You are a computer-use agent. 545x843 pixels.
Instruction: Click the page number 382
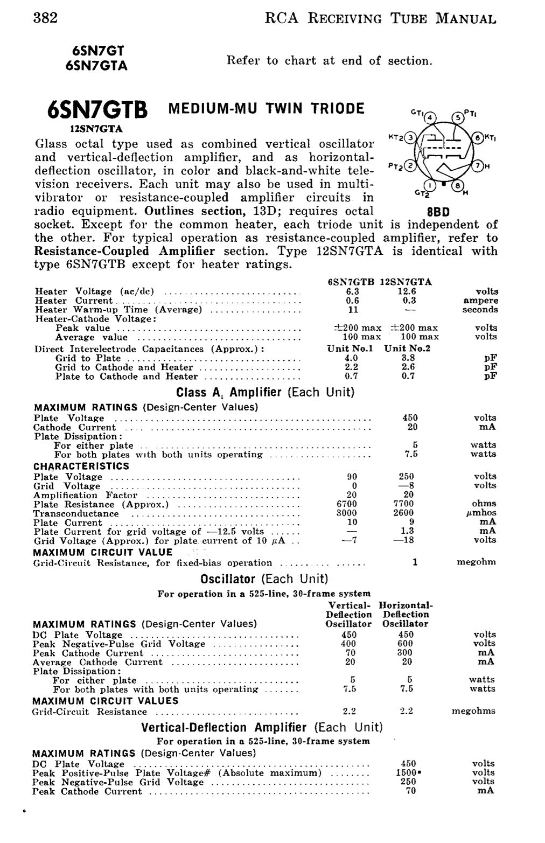click(45, 18)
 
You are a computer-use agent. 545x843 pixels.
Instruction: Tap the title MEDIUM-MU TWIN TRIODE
click(266, 109)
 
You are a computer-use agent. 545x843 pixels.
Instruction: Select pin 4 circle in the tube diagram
click(430, 117)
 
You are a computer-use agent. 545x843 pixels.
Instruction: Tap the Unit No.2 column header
click(407, 349)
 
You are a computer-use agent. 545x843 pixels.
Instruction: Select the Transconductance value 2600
click(403, 513)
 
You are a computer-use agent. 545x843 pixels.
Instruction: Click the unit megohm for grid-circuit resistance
click(476, 562)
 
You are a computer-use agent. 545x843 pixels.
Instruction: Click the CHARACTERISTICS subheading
click(81, 466)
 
